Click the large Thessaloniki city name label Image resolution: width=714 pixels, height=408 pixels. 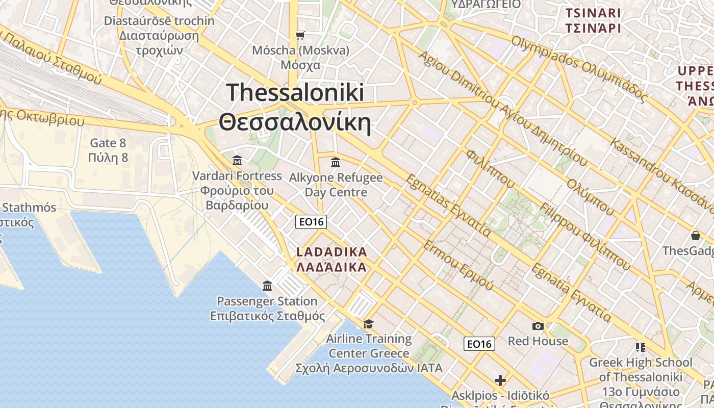coord(295,108)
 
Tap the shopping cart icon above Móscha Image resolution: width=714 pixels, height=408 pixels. coord(300,35)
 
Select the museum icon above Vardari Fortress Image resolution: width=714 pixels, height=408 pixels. coord(237,161)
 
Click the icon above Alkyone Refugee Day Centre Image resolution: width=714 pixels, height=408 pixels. coord(336,162)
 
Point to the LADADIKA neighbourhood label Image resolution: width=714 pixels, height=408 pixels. coord(331,259)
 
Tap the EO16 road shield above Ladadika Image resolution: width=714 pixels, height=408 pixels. coord(311,222)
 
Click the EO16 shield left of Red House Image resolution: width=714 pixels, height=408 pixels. coord(479,344)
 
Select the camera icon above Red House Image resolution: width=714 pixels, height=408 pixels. coord(538,326)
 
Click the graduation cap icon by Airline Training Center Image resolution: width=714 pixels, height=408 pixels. coord(368,324)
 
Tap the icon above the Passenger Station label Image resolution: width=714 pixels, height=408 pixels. coord(267,286)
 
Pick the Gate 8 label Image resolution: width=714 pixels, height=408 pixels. coord(108,150)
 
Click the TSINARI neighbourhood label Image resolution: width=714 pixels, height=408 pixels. coord(593,20)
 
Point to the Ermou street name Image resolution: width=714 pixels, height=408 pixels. coord(458,265)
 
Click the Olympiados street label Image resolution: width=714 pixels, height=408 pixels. coord(579,68)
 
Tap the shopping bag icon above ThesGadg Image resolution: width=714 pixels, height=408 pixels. coord(696,236)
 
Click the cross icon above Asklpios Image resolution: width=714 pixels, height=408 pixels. coord(500,380)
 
